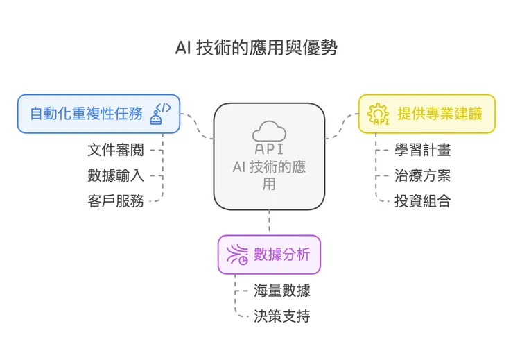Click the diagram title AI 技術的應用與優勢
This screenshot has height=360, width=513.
(256, 49)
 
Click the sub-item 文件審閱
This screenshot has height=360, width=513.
(116, 150)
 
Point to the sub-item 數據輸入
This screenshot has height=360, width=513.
(116, 175)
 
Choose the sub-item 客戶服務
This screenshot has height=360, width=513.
(116, 201)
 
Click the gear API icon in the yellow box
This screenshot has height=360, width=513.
(379, 114)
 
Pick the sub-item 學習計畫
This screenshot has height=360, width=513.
(423, 150)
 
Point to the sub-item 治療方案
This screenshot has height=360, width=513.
(423, 175)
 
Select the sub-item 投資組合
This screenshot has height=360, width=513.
(423, 201)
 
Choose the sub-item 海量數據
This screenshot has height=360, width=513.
(281, 291)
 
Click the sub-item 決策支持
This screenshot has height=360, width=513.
(281, 316)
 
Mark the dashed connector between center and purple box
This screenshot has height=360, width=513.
(269, 223)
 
